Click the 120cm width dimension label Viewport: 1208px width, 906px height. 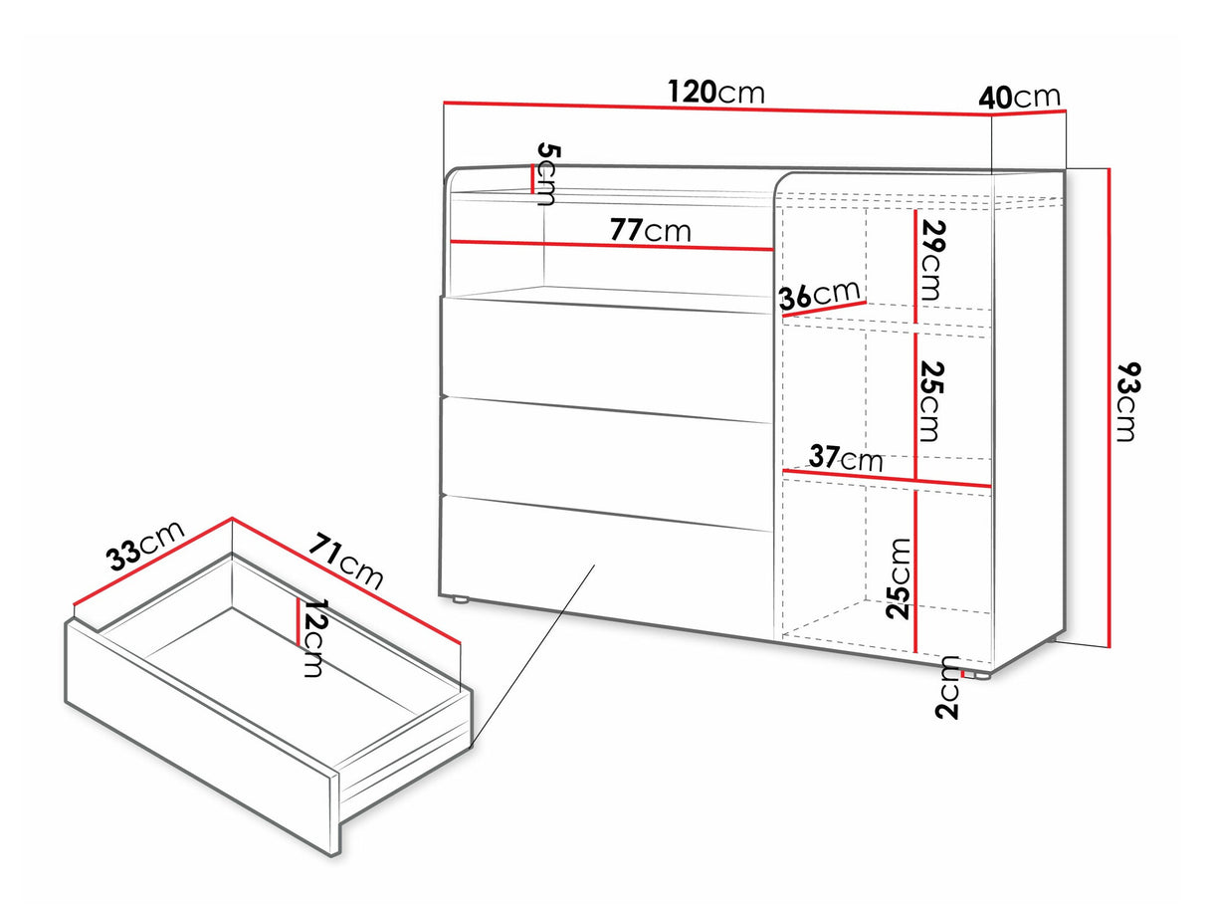coord(716,92)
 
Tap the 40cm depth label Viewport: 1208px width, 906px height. coord(1019,98)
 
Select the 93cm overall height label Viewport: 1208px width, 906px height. coord(1128,401)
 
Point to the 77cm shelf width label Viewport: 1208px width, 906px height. coord(650,230)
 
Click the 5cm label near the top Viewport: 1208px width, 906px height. coord(547,173)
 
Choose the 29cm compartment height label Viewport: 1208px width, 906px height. coord(931,260)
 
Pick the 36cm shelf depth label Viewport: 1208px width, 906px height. coord(820,295)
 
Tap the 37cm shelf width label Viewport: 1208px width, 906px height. coord(846,457)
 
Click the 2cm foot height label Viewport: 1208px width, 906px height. coord(947,688)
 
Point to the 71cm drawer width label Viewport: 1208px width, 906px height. coord(345,560)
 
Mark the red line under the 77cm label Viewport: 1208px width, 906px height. coord(612,246)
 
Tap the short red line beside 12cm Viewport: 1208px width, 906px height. coord(298,621)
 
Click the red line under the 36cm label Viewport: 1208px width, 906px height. coord(825,309)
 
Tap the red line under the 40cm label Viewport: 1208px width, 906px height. coord(1029,113)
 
